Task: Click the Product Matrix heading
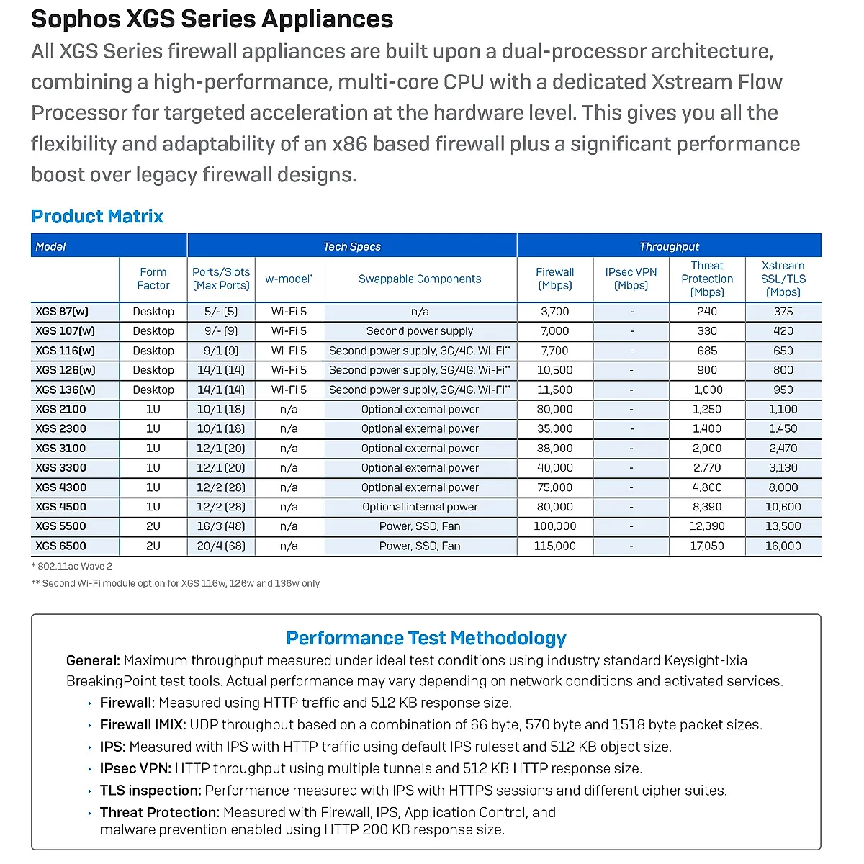(x=97, y=216)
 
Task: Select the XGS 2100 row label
(x=61, y=409)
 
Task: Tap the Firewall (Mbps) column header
(x=554, y=279)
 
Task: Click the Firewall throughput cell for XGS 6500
(x=554, y=546)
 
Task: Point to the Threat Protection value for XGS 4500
(x=707, y=507)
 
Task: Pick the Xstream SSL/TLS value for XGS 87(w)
(x=783, y=312)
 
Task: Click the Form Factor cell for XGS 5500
(x=153, y=526)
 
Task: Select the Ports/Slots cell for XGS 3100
(x=221, y=448)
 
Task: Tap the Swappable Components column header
(x=420, y=279)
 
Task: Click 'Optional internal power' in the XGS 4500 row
(x=420, y=507)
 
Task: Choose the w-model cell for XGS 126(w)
(x=289, y=370)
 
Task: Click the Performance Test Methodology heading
(x=426, y=638)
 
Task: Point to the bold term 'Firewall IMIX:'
(x=143, y=725)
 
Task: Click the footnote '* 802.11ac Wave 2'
(x=72, y=567)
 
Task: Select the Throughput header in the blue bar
(x=669, y=246)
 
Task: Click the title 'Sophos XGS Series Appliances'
(x=212, y=19)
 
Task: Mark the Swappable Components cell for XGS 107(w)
(x=420, y=331)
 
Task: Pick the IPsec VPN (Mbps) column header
(x=631, y=279)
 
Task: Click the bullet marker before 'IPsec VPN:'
(x=90, y=769)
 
